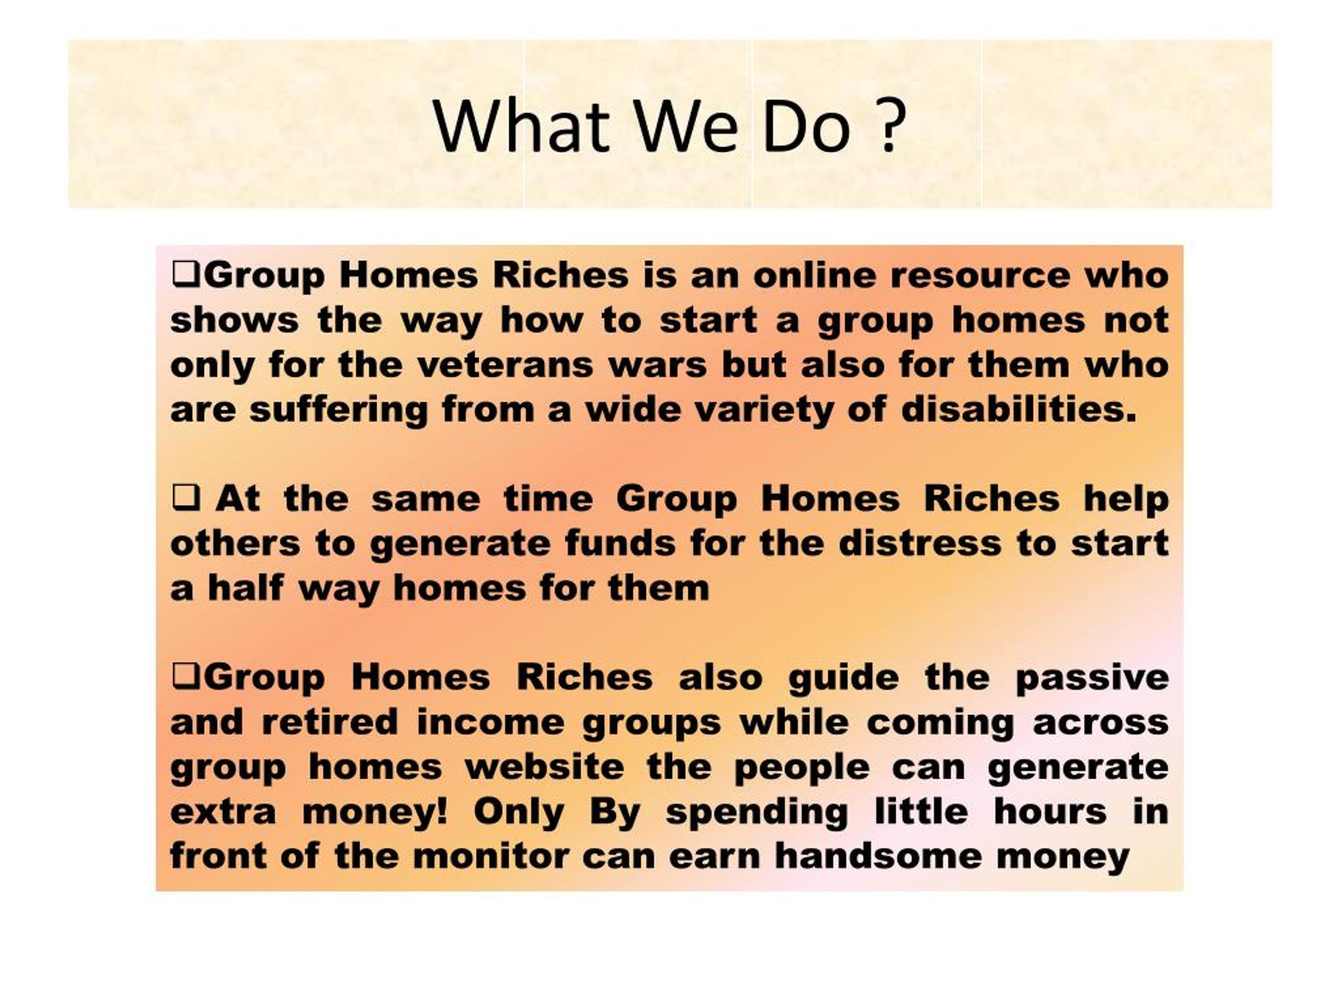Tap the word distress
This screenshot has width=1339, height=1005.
click(920, 543)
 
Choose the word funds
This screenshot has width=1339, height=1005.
click(620, 543)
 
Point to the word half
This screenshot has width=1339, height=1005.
click(246, 588)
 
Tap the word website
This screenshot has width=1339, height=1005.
click(545, 767)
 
